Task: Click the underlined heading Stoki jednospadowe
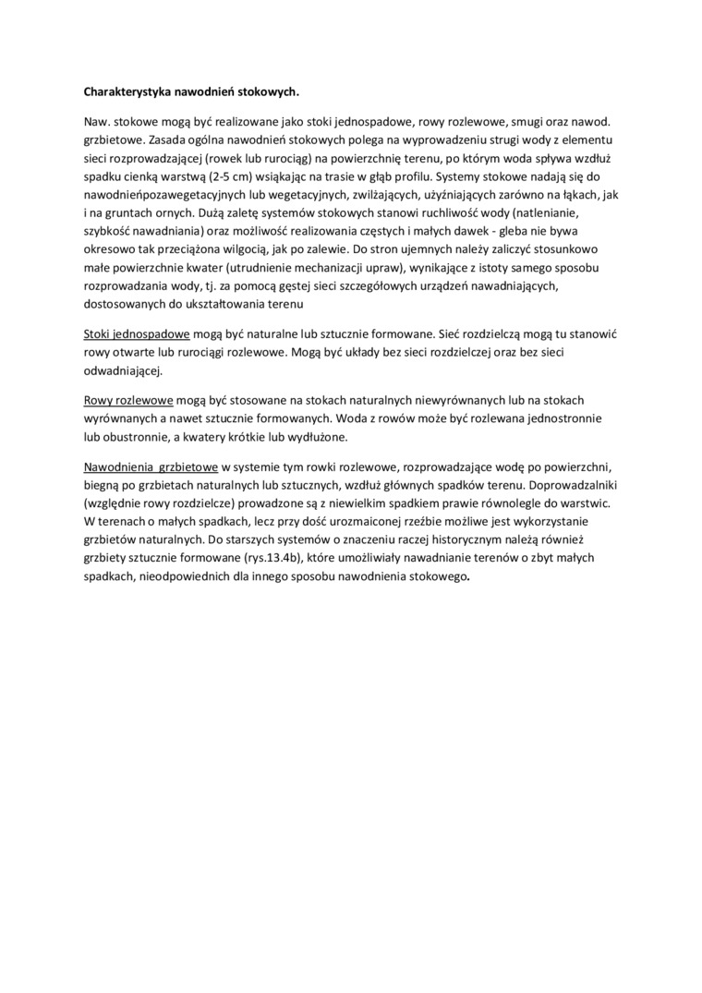[x=137, y=332]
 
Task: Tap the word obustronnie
[x=140, y=436]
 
